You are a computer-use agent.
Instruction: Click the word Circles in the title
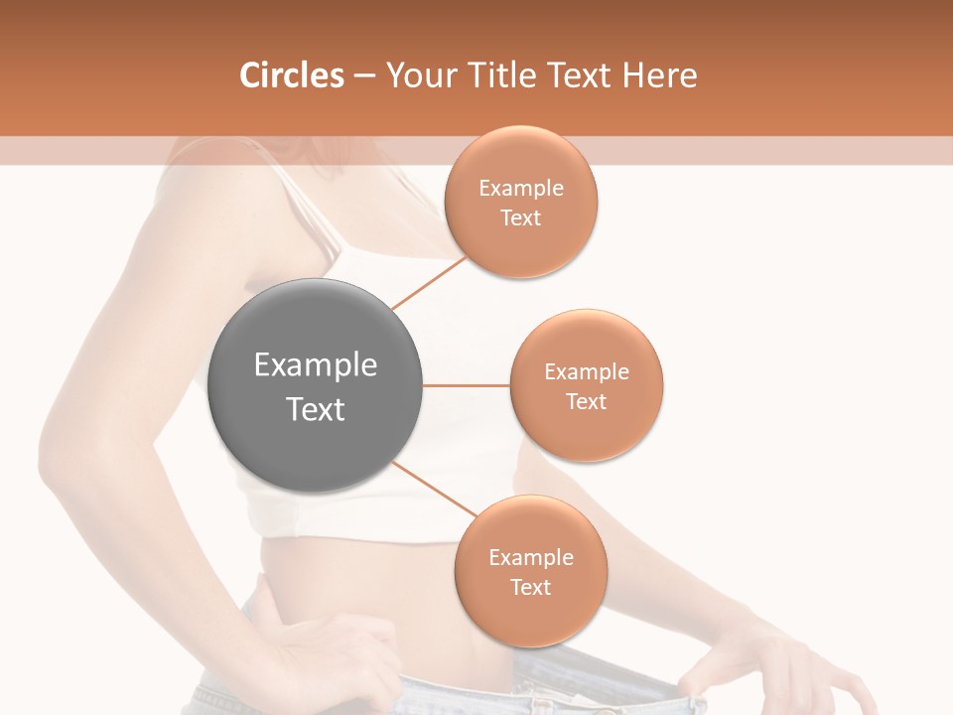click(x=291, y=75)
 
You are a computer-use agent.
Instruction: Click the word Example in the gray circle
click(x=315, y=365)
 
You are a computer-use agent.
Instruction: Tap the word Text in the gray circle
click(x=315, y=409)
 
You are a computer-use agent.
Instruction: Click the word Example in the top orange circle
click(x=520, y=189)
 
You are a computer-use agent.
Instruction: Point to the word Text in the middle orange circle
click(x=586, y=402)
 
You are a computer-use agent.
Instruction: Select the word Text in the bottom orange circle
click(x=530, y=588)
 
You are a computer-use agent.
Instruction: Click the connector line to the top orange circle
click(x=429, y=283)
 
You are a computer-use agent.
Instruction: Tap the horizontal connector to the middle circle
click(x=467, y=385)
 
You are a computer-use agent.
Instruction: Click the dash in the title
click(x=363, y=75)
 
